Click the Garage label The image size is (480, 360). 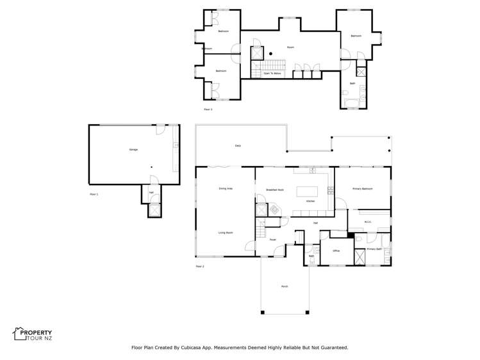tap(133, 149)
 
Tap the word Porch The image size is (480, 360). tap(285, 286)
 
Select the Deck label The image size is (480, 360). tap(238, 146)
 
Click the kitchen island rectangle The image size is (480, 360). tap(306, 191)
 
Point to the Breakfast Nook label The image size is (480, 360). tap(274, 190)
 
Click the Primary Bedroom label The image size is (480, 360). tap(362, 189)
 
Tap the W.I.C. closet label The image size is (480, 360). tap(368, 222)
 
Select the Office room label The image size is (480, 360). tap(336, 250)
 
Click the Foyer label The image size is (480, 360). tap(272, 240)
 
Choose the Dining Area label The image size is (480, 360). tap(225, 188)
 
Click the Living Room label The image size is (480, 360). tap(225, 233)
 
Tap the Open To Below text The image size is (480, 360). tap(272, 74)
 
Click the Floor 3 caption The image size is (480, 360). tap(208, 110)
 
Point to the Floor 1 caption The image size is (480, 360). tap(94, 193)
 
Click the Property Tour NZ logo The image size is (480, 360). tap(32, 334)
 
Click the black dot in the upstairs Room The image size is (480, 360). tap(270, 53)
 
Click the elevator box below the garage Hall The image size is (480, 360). tap(154, 210)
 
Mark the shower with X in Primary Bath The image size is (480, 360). tap(360, 257)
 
